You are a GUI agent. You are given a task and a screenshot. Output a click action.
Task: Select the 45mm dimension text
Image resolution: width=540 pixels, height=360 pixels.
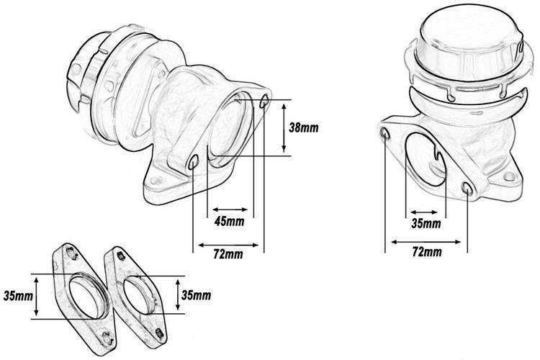coord(230,220)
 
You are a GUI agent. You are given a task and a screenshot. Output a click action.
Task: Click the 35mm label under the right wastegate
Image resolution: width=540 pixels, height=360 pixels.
coord(426,224)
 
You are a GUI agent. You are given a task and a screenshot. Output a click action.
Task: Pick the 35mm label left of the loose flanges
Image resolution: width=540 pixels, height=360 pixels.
coord(17,295)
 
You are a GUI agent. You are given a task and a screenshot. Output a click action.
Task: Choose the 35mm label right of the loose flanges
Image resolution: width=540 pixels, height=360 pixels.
coord(196,295)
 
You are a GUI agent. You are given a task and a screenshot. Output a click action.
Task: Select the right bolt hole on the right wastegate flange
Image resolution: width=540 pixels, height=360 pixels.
coord(469,189)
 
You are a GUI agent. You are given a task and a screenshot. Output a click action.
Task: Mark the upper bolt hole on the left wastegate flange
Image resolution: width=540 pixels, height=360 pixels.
coord(264,98)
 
